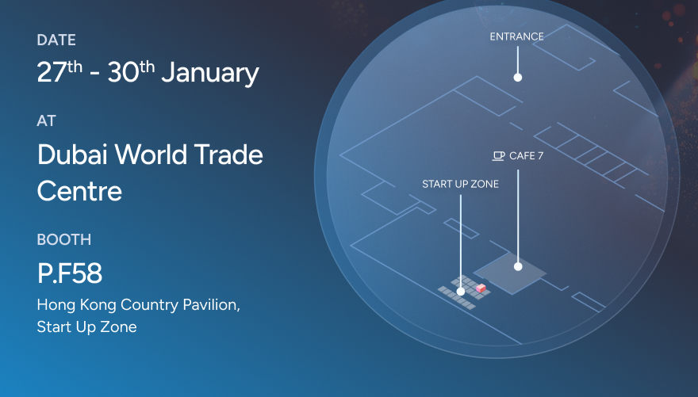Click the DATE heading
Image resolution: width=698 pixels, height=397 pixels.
[x=56, y=40]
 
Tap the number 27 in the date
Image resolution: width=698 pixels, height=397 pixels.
[x=52, y=72]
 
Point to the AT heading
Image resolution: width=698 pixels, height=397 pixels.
[x=46, y=121]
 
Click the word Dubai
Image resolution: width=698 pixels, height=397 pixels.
[x=72, y=155]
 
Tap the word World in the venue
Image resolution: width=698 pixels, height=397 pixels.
[x=151, y=155]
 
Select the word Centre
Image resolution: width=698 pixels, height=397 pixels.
[x=79, y=191]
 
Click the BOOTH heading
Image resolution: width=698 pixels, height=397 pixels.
[x=64, y=239]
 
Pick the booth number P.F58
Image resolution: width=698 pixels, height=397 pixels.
[x=70, y=273]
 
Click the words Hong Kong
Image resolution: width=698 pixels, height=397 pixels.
[x=77, y=305]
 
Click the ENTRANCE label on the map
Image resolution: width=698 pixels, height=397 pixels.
[x=517, y=36]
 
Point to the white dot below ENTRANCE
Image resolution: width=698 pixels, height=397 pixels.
[x=518, y=78]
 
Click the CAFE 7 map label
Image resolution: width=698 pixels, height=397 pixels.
[x=526, y=155]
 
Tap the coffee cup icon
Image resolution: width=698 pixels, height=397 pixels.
[x=498, y=156]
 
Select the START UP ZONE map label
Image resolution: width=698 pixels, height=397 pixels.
[x=460, y=184]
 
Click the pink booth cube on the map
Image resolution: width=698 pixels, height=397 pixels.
[x=481, y=288]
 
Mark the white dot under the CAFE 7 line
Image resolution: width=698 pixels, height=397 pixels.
[x=518, y=267]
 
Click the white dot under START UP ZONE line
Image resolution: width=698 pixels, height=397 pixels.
[x=461, y=292]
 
